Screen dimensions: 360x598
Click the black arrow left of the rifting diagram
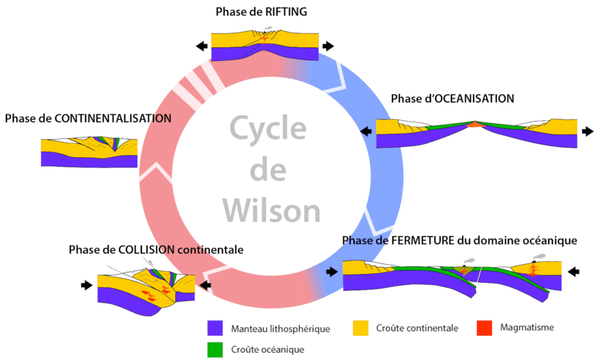pyautogui.click(x=201, y=46)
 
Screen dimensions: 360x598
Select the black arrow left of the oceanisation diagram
pyautogui.click(x=367, y=131)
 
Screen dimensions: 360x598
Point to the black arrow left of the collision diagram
pyautogui.click(x=87, y=285)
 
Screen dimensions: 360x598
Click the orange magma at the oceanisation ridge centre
pyautogui.click(x=475, y=125)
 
